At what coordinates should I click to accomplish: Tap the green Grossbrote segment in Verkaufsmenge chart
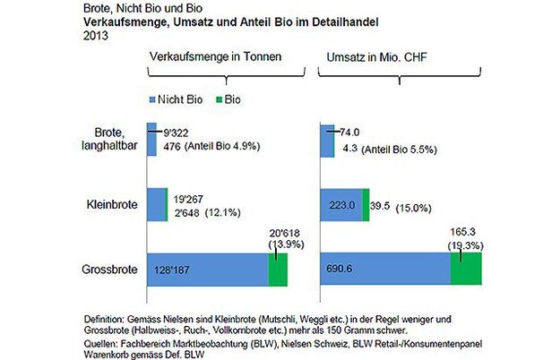[x=278, y=269]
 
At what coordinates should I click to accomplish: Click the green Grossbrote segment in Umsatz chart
[x=466, y=269]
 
